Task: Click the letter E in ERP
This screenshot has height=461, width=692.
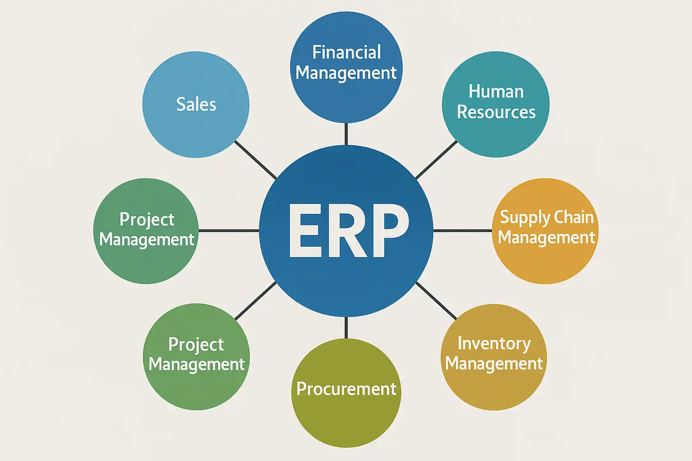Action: tap(305, 230)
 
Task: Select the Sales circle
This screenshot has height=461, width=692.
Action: tap(196, 104)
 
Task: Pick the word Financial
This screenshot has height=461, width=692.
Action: tap(346, 52)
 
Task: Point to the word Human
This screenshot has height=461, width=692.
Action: tap(496, 92)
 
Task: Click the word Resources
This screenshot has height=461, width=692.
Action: tap(496, 112)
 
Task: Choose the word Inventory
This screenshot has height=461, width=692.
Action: tap(494, 343)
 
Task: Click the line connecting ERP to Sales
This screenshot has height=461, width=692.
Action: tap(255, 160)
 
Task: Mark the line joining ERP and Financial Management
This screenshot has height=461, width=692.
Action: tap(346, 134)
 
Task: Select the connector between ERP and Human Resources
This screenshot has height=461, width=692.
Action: tap(436, 160)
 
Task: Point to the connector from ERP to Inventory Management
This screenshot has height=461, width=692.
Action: tap(436, 301)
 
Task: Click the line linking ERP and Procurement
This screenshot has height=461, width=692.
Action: tap(346, 327)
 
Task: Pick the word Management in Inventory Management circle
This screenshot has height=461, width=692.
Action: tap(494, 364)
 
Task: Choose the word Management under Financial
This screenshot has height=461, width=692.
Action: tap(346, 73)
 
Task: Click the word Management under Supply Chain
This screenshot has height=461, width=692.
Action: tap(546, 238)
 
